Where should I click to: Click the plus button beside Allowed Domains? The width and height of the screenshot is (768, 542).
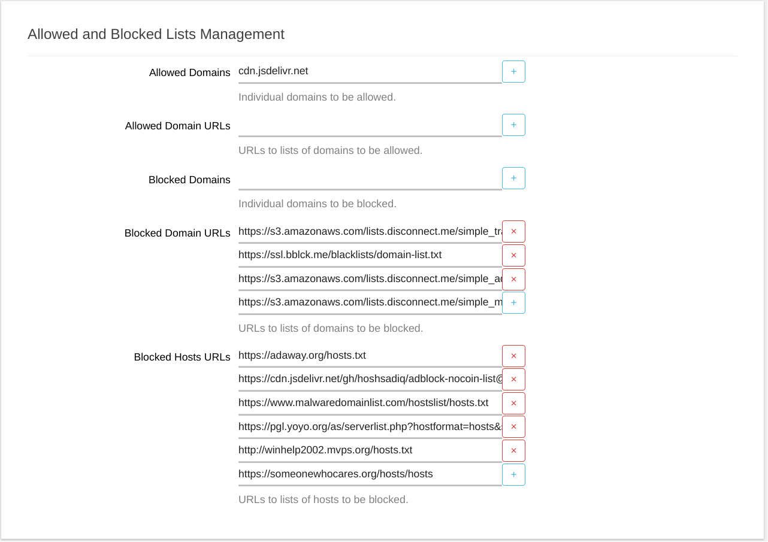tap(513, 71)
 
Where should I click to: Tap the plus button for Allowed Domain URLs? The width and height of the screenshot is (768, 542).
tap(513, 125)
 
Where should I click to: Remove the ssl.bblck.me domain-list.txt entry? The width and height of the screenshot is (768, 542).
tap(513, 255)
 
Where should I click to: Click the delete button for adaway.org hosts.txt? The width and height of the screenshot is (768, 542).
tap(513, 356)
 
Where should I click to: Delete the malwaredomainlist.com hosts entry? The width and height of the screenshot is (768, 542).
tap(513, 403)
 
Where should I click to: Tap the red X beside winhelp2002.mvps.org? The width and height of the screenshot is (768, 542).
tap(513, 450)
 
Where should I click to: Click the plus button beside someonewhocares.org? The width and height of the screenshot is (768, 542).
tap(513, 474)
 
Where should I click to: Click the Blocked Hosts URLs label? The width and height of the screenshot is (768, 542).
tap(182, 357)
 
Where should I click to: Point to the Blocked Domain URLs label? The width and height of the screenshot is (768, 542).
tap(177, 233)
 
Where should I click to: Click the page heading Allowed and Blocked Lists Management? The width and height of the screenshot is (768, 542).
tap(156, 34)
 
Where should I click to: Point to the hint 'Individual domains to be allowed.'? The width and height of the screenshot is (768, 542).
tap(317, 97)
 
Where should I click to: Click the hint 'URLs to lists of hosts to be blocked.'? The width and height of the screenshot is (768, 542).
tap(323, 499)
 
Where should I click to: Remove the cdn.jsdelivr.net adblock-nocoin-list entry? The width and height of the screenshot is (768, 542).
tap(513, 379)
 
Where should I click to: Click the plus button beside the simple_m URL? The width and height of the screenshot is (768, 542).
tap(513, 302)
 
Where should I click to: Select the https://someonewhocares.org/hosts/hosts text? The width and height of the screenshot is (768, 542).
tap(335, 474)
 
